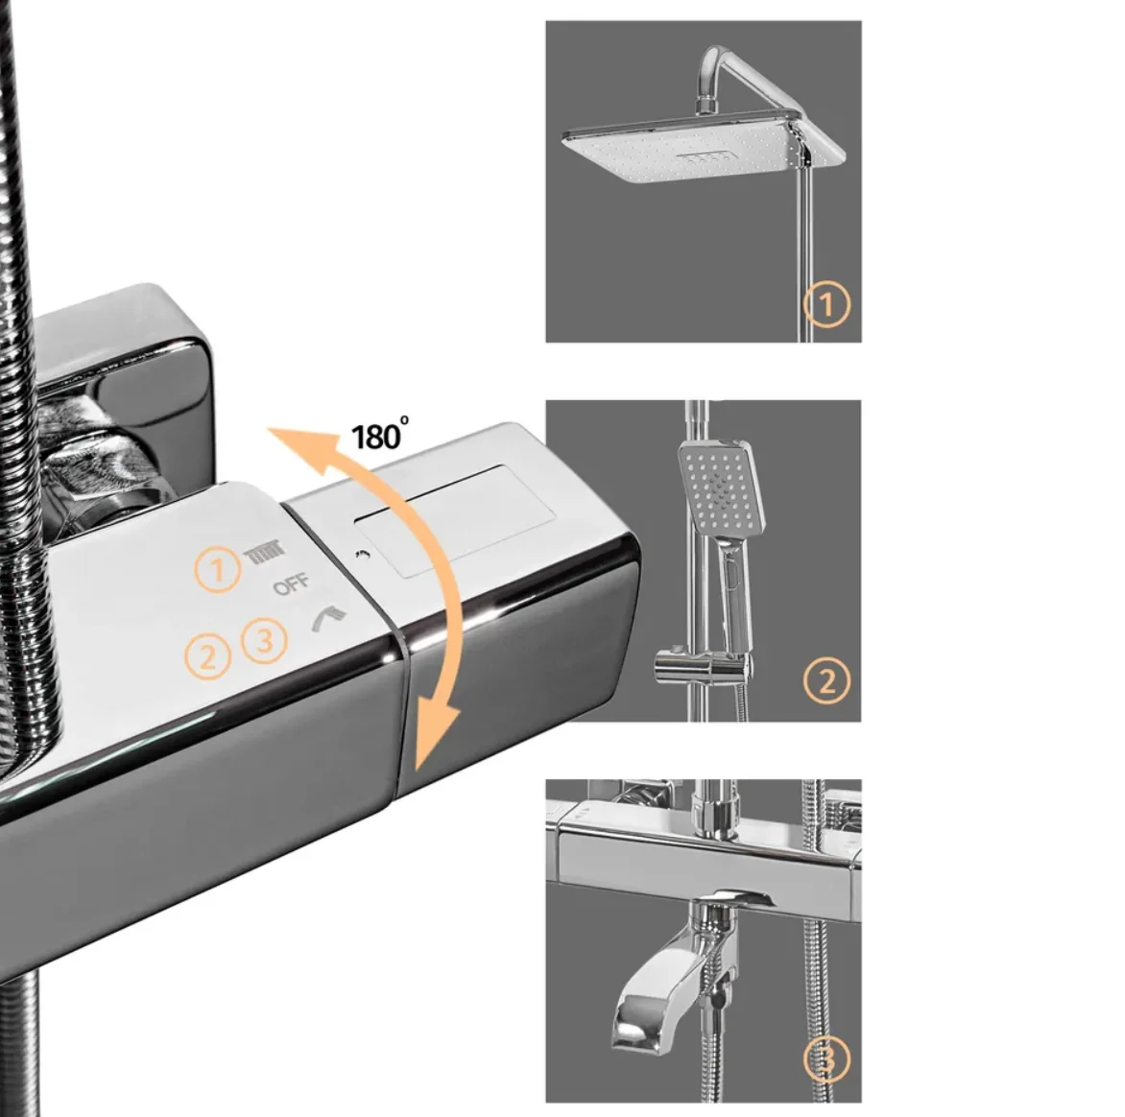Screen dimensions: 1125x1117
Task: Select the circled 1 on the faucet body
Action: pyautogui.click(x=217, y=570)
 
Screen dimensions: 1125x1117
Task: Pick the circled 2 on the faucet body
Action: pyautogui.click(x=207, y=656)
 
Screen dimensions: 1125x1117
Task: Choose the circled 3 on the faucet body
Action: pyautogui.click(x=264, y=639)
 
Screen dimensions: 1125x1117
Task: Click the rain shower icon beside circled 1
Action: pyautogui.click(x=265, y=555)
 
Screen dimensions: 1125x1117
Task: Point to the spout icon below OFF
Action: pyautogui.click(x=328, y=617)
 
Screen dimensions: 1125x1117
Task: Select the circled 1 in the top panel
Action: pyautogui.click(x=826, y=305)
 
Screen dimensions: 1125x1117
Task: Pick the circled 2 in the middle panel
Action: pyautogui.click(x=826, y=680)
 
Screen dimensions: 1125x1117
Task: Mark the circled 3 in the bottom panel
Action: pyautogui.click(x=826, y=1058)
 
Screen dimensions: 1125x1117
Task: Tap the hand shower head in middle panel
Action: pyautogui.click(x=721, y=487)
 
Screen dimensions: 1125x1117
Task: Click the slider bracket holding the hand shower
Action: pyautogui.click(x=702, y=666)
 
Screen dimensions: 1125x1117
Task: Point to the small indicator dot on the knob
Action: pyautogui.click(x=359, y=554)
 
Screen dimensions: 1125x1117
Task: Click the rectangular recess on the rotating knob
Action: pyautogui.click(x=455, y=520)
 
